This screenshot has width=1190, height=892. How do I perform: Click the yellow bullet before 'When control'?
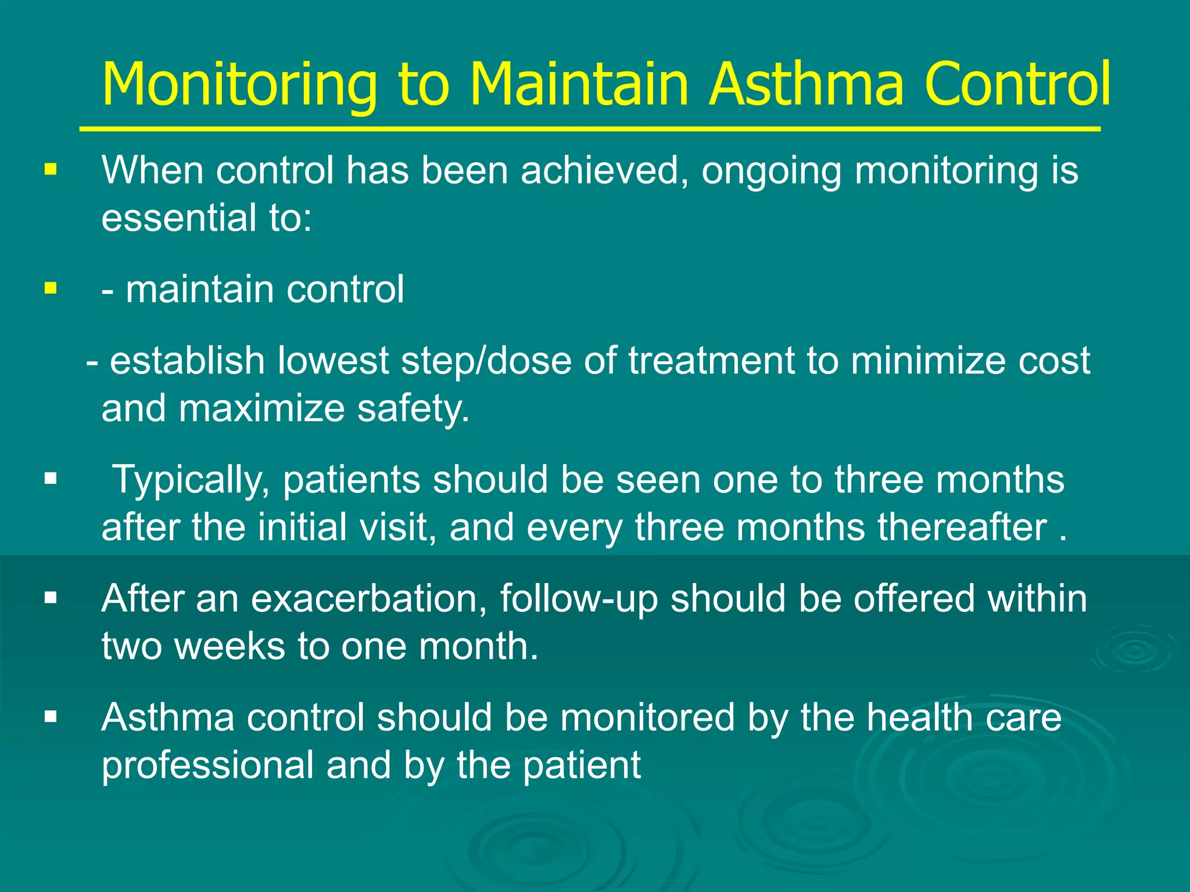click(51, 170)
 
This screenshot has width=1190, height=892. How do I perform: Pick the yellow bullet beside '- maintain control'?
click(51, 288)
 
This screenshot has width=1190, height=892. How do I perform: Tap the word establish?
click(187, 361)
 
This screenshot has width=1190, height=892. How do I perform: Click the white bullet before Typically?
click(51, 479)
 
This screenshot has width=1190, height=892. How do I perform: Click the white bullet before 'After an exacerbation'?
click(51, 598)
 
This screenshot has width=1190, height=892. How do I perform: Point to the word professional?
click(208, 765)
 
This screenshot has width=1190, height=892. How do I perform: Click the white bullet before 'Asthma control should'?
click(51, 717)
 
